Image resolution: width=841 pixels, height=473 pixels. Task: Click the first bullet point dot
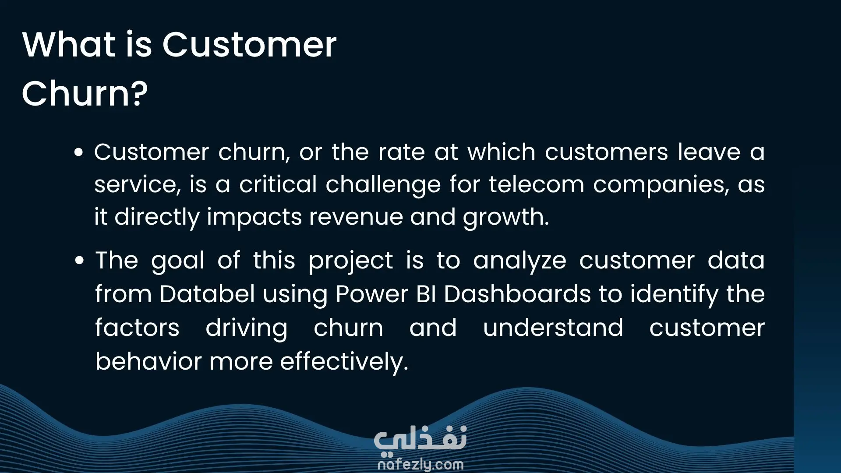(x=79, y=152)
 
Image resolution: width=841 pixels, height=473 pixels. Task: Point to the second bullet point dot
(x=79, y=261)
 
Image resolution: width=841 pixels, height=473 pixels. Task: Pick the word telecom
(x=537, y=184)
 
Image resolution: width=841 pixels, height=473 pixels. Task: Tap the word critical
(x=278, y=184)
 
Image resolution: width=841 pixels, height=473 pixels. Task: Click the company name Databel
(x=207, y=293)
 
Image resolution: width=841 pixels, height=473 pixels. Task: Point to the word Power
(x=372, y=293)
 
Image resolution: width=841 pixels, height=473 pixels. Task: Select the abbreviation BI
(x=426, y=293)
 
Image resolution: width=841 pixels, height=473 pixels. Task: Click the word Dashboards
(x=517, y=293)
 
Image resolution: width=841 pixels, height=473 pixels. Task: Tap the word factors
(x=137, y=328)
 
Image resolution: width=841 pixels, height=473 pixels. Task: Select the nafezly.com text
(x=420, y=464)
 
